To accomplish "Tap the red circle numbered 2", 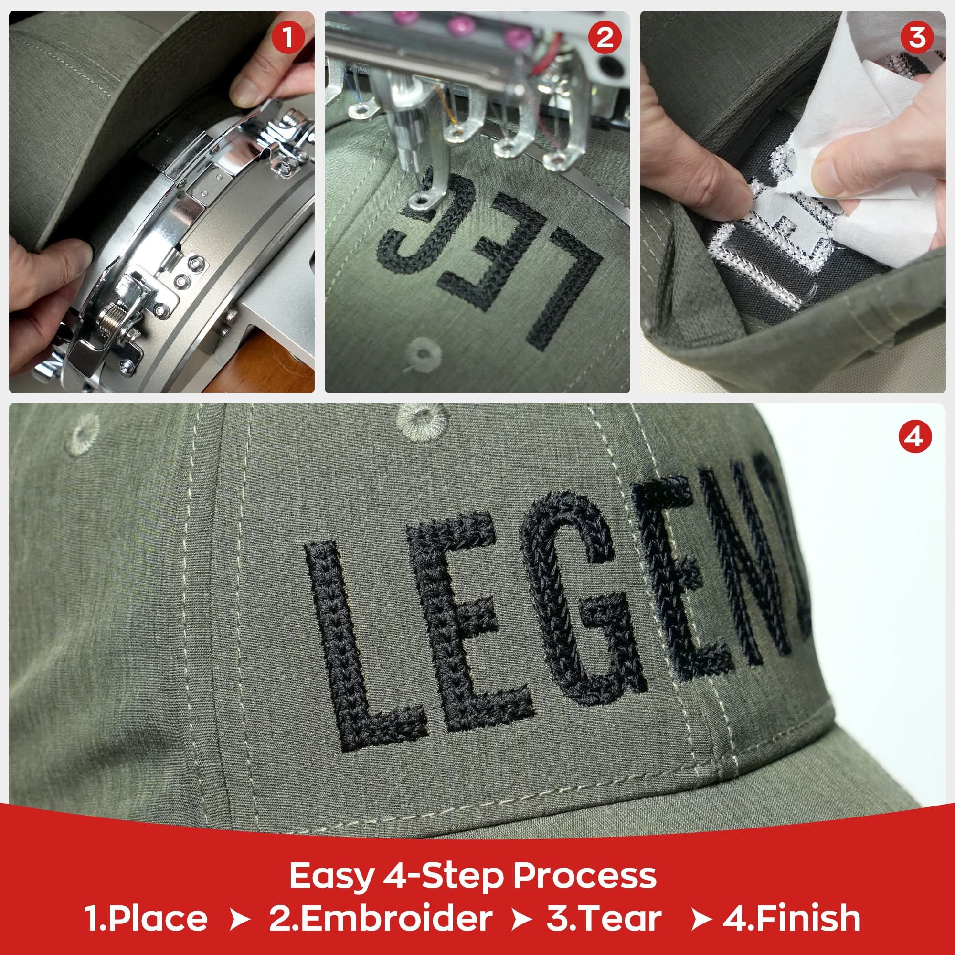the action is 605,38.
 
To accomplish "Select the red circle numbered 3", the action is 917,38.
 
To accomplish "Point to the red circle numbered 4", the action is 915,436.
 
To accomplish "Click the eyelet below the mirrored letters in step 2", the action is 423,353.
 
